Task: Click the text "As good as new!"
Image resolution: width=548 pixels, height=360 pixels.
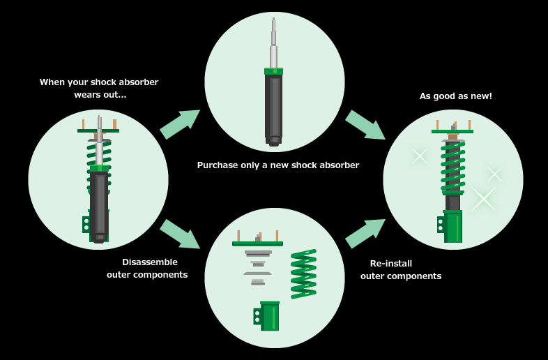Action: click(455, 96)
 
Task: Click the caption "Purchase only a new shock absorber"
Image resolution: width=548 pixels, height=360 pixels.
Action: click(277, 165)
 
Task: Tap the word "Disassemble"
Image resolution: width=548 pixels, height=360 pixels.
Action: click(150, 262)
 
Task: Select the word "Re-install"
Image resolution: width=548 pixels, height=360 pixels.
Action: click(390, 264)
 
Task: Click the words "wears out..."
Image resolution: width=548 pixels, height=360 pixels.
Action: click(100, 95)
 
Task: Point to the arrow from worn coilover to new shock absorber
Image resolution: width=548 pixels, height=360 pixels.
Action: click(179, 124)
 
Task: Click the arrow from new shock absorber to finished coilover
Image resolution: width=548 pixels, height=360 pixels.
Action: click(365, 125)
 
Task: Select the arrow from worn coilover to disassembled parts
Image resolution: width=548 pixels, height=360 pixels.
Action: click(179, 234)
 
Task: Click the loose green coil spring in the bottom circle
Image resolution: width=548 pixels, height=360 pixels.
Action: click(304, 273)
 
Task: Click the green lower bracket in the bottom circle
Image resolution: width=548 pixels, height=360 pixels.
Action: click(268, 316)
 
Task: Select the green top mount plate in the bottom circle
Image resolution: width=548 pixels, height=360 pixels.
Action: click(257, 243)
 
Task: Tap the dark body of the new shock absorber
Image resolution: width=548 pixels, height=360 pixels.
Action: click(274, 108)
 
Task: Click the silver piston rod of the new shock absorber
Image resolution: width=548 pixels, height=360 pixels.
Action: click(274, 52)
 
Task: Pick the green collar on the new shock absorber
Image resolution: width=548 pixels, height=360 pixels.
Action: click(274, 71)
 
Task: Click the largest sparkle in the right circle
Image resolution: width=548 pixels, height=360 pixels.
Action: click(483, 200)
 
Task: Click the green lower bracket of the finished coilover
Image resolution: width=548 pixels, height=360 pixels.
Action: click(452, 227)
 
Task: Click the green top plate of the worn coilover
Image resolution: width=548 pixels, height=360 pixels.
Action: click(98, 130)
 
